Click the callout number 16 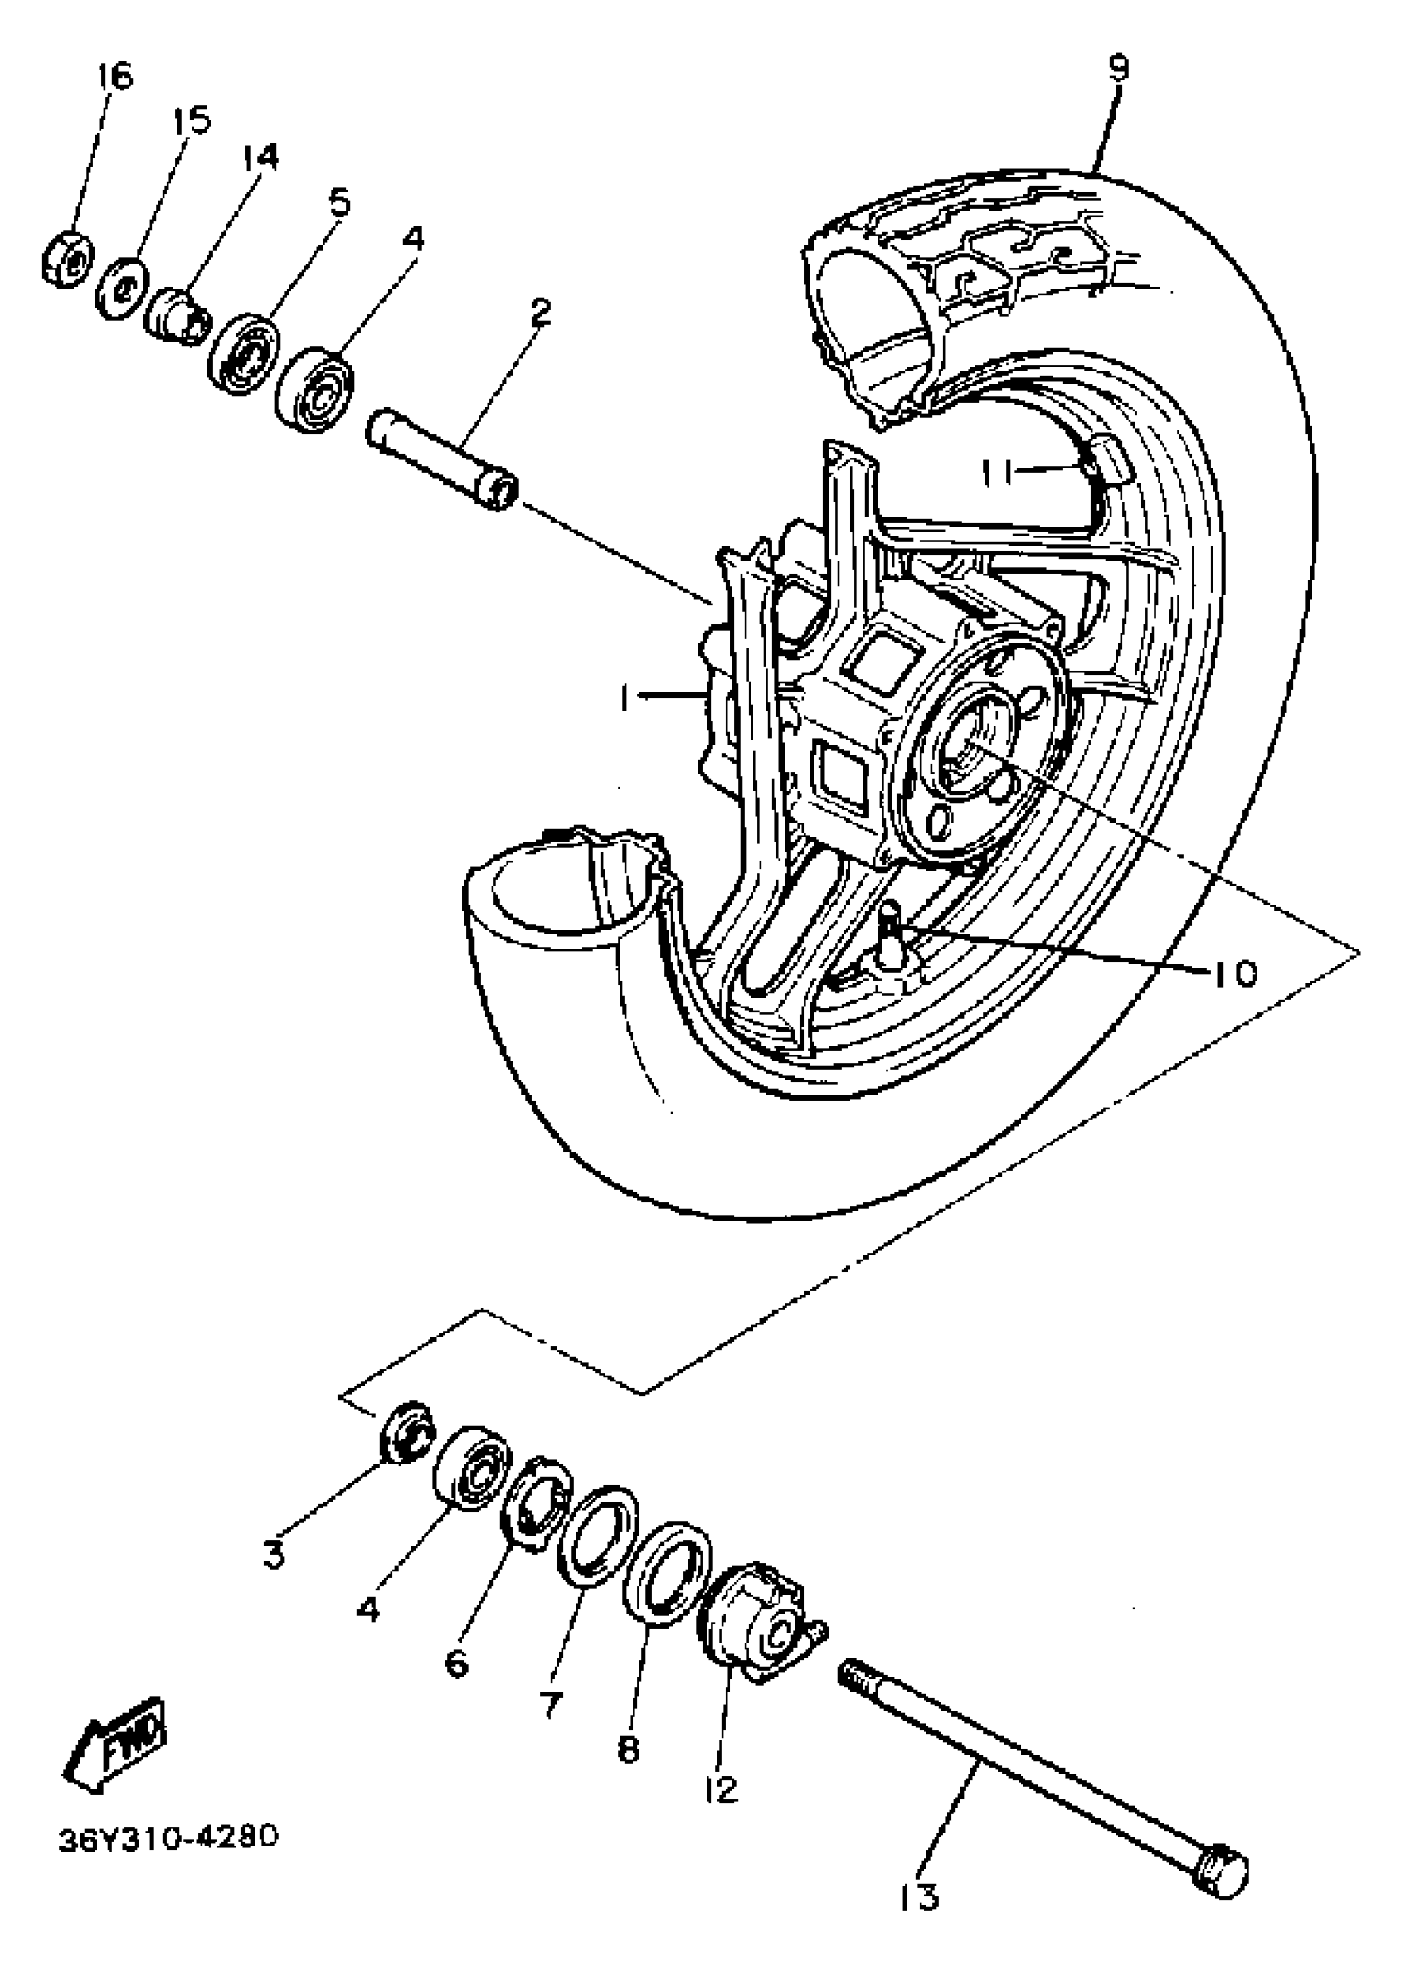tap(114, 76)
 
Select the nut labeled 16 tap(67, 257)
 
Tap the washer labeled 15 tap(121, 288)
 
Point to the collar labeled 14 tap(177, 318)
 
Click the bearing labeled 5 tap(245, 354)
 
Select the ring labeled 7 tap(596, 1537)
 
